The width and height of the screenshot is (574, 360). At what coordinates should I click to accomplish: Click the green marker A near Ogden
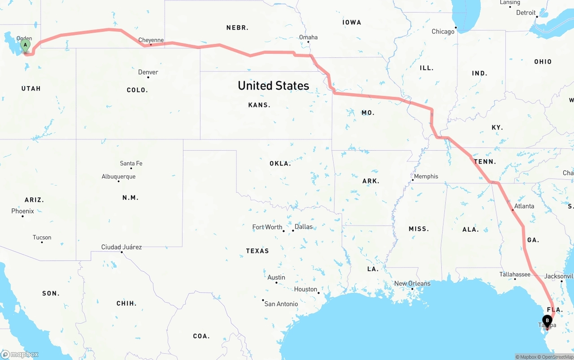click(x=26, y=45)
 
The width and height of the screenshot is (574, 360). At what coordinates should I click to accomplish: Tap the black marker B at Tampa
click(x=547, y=320)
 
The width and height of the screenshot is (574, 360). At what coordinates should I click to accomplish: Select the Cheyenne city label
click(x=151, y=40)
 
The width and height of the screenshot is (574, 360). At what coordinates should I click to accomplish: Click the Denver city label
click(x=148, y=72)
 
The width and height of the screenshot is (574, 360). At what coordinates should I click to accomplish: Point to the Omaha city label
click(x=308, y=38)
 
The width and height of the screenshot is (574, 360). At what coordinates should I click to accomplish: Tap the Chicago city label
click(x=443, y=31)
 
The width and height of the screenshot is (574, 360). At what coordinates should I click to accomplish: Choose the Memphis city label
click(x=426, y=176)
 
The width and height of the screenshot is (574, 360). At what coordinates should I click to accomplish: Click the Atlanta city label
click(x=524, y=206)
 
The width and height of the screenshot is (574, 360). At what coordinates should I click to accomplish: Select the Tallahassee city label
click(x=515, y=274)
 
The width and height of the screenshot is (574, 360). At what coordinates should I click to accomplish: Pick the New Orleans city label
click(x=412, y=283)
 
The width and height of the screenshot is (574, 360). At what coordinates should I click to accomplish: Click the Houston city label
click(x=306, y=289)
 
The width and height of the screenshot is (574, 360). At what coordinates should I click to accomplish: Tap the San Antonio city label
click(x=281, y=304)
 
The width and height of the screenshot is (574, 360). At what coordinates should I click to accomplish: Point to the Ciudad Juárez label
click(x=122, y=247)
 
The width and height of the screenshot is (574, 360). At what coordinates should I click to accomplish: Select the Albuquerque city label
click(x=118, y=177)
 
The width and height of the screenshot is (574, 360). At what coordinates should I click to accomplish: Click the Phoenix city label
click(x=22, y=211)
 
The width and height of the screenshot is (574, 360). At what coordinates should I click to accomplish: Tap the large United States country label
click(x=273, y=86)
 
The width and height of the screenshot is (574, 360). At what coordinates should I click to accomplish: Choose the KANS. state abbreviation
click(x=259, y=105)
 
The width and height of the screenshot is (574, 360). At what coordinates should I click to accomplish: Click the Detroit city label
click(x=526, y=13)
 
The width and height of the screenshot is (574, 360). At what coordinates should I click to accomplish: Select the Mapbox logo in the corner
click(x=20, y=355)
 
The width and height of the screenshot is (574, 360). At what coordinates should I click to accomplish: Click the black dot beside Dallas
click(x=293, y=231)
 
